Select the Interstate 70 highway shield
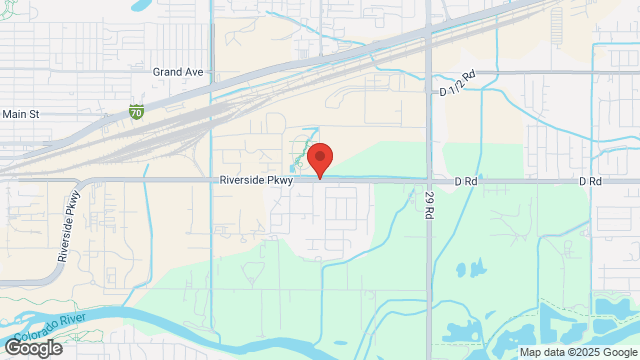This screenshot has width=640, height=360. (135, 113)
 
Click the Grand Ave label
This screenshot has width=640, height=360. (178, 72)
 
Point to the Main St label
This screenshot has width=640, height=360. (20, 114)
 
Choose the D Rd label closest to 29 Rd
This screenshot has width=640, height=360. (464, 181)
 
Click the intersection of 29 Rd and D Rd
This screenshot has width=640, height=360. (430, 181)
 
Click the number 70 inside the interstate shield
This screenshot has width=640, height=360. (135, 114)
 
